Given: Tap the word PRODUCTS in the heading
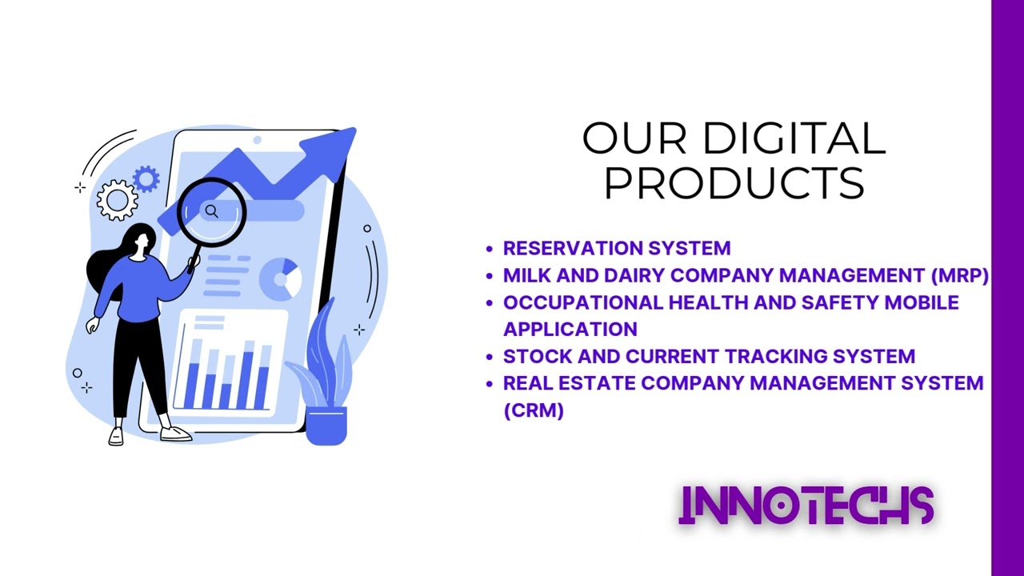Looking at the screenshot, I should (x=734, y=183).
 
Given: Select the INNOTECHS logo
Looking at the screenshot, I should (x=806, y=506).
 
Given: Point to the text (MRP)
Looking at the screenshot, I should (x=959, y=275).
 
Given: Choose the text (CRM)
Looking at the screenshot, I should (x=534, y=410).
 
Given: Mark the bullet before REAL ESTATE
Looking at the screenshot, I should (x=490, y=384).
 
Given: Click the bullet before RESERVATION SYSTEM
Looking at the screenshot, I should (x=490, y=249).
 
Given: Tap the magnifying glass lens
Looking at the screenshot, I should (x=212, y=211).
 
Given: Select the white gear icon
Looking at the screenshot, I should (x=118, y=200).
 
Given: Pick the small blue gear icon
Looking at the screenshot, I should (x=146, y=178).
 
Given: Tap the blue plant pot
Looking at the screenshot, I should (x=326, y=425).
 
